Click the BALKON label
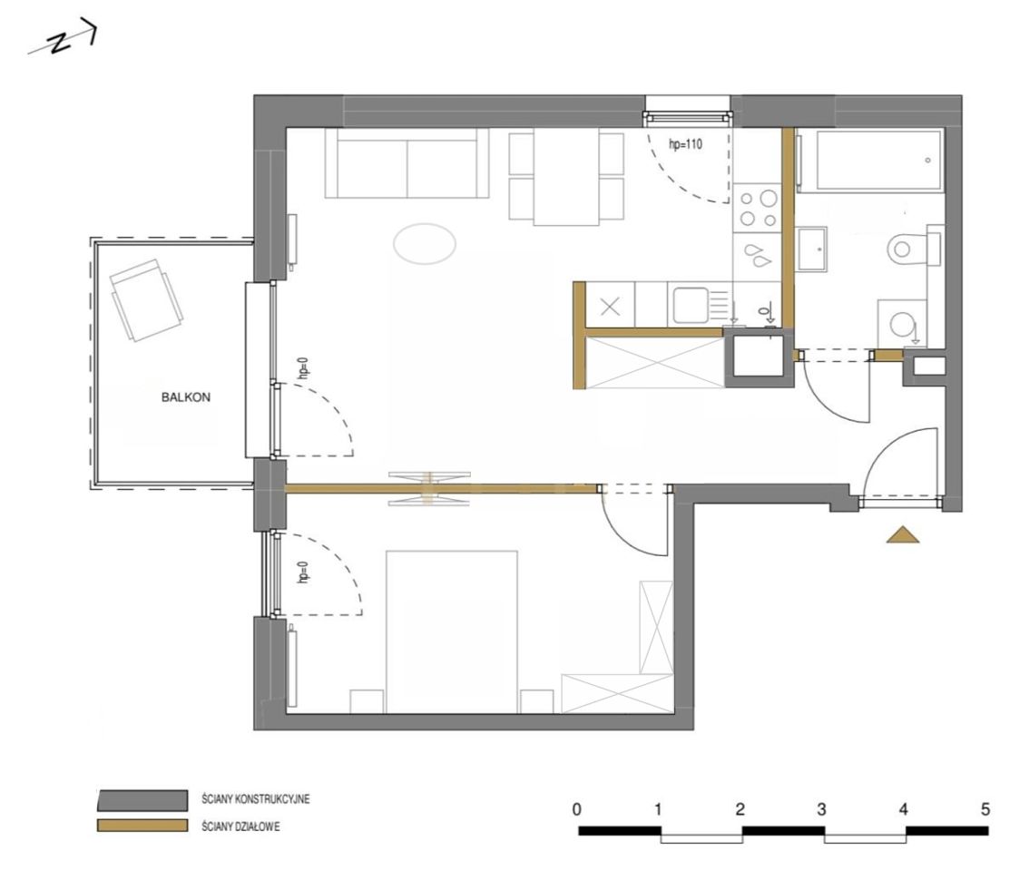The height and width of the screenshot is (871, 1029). [186, 397]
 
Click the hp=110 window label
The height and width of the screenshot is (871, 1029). [685, 144]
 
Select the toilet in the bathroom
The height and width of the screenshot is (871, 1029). [915, 249]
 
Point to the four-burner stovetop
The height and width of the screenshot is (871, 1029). [758, 208]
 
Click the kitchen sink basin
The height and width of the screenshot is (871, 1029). [691, 305]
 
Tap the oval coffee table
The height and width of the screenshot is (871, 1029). [425, 243]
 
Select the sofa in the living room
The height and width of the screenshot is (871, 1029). [407, 162]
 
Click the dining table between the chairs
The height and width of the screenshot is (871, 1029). [566, 177]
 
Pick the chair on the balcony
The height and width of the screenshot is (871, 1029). [146, 299]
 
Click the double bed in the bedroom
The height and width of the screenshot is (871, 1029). [452, 631]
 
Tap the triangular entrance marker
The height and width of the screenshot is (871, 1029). [903, 535]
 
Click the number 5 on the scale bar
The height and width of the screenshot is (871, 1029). [985, 809]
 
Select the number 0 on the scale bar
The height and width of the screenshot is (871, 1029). [577, 809]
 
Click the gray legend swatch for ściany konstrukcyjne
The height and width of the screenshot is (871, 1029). [142, 799]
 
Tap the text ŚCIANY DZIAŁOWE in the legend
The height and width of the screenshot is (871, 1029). [240, 827]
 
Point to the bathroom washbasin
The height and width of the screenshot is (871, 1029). [811, 249]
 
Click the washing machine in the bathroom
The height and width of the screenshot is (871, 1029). [902, 324]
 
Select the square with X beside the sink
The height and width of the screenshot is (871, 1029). [611, 307]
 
